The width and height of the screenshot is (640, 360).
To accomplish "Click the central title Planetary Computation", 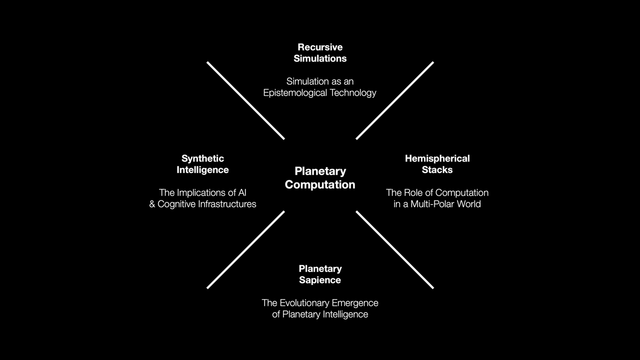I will (320, 177).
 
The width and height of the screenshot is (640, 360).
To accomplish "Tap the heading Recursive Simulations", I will (320, 53).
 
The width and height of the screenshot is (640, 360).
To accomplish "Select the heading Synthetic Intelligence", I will (203, 164).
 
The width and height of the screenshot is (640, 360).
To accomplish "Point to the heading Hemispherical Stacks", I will (437, 164).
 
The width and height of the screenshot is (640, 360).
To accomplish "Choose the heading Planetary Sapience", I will (320, 274).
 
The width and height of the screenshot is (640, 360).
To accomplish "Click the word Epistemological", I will (296, 93).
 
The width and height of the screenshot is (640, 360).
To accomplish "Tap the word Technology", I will (353, 93).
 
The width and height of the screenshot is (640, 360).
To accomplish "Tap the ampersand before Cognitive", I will (152, 204).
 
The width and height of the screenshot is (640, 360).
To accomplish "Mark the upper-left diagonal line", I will (245, 100).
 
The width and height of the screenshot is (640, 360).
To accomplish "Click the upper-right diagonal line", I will (395, 100).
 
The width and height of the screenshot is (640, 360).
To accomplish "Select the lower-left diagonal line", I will (245, 250).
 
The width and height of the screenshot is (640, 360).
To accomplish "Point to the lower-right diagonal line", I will (395, 250).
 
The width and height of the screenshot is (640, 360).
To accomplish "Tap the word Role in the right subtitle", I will (413, 193).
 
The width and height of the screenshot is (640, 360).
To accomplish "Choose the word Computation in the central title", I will (320, 184).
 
